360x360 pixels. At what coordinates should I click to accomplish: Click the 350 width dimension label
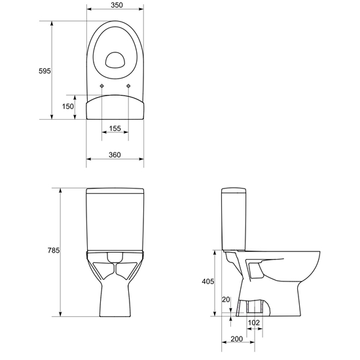(115, 4)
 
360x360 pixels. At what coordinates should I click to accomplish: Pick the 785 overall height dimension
(54, 251)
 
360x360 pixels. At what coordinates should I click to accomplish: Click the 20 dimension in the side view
(226, 300)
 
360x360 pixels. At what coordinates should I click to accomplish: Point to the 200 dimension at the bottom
(237, 340)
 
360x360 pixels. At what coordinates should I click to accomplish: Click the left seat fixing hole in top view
(103, 86)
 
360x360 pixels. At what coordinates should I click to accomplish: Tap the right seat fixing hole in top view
(128, 86)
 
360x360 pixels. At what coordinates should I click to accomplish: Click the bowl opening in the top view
(116, 60)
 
